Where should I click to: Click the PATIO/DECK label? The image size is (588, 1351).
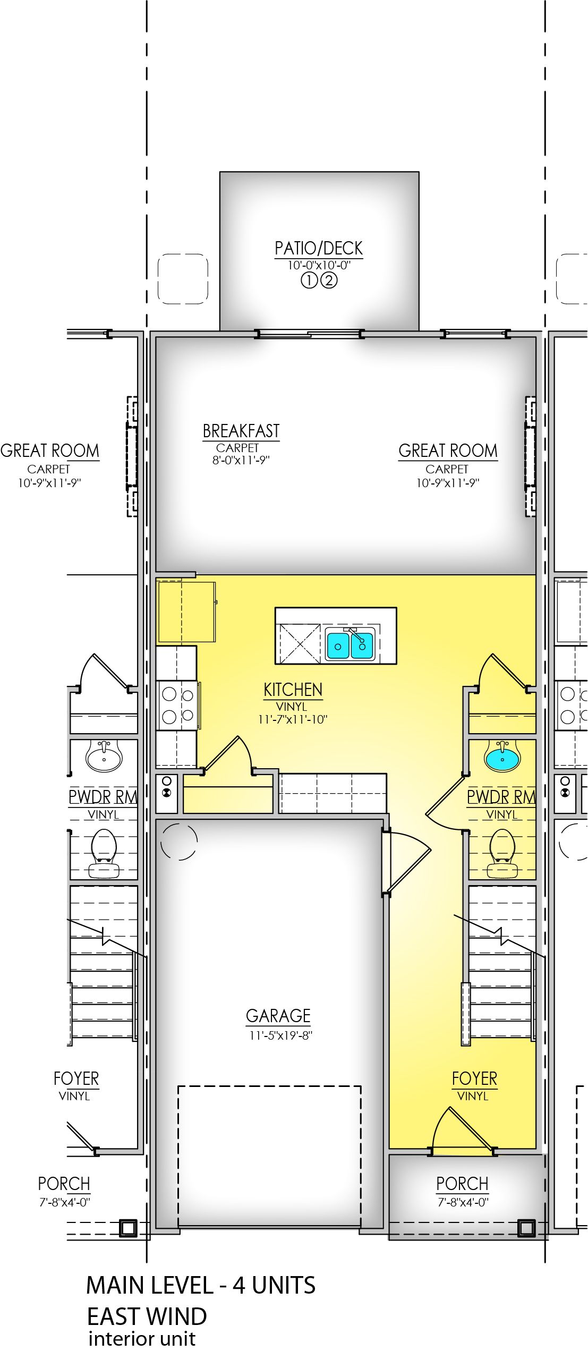coord(318,248)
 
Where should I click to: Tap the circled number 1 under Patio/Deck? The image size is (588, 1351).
coord(309,280)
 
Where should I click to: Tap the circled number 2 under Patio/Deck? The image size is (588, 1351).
coord(329,280)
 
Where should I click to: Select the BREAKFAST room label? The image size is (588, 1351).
coord(241,431)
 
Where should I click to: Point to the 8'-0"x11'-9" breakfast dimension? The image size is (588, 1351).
coord(241,460)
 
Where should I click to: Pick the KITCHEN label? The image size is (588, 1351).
coord(293,690)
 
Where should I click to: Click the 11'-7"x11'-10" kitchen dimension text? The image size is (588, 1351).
coord(293,719)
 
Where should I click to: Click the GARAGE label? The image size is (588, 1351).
coord(278,1016)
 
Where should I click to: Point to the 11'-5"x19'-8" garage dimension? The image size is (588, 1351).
coord(280,1035)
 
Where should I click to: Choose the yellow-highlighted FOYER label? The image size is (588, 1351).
coord(474,1078)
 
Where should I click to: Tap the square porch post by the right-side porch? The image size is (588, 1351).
coord(526,1228)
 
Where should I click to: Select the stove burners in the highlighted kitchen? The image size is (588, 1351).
coord(177,706)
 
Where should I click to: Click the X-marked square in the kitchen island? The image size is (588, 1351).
coord(300,643)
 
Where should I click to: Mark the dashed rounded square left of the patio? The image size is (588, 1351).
coord(183,279)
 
